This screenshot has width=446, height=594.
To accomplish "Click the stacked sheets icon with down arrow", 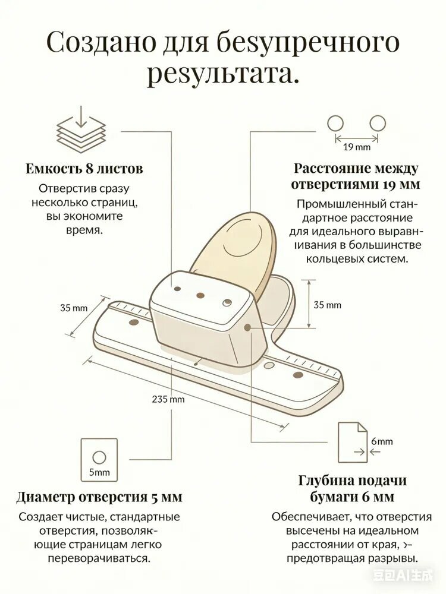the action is coord(81,131).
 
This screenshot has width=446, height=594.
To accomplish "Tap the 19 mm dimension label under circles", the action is coord(356,147).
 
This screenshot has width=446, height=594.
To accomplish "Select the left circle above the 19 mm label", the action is coord(335,124).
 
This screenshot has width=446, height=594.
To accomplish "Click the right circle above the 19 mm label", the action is coord(378,124).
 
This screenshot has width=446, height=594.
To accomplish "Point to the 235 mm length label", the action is coord(168,399).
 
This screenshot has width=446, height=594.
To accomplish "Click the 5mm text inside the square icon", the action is coord(99,472).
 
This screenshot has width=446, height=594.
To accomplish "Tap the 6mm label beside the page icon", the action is coord(382,441).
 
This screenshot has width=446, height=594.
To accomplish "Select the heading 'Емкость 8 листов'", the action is coord(84,169).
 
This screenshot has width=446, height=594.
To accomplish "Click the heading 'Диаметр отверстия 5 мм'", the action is coord(99,497).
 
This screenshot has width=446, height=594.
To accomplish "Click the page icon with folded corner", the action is coord(353,443).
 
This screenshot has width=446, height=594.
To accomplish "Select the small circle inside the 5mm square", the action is coord(99,457).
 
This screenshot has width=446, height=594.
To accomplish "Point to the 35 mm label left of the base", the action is coord(74,308).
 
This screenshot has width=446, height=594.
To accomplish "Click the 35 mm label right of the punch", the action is coord(327,305).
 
